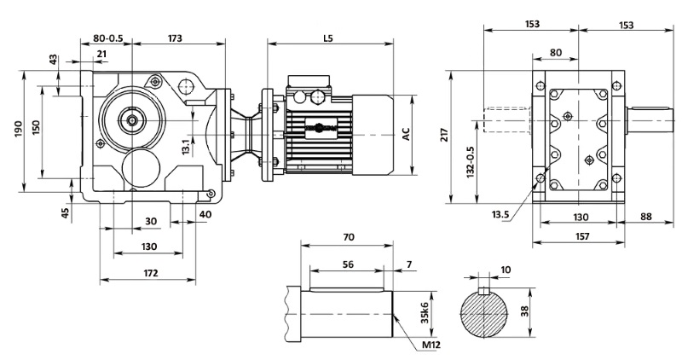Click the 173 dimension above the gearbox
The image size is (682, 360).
(x=176, y=38)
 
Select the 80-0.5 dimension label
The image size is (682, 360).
(x=107, y=38)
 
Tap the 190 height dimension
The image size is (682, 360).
(x=18, y=129)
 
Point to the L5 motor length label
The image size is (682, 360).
(x=328, y=38)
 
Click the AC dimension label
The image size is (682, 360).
(x=406, y=134)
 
